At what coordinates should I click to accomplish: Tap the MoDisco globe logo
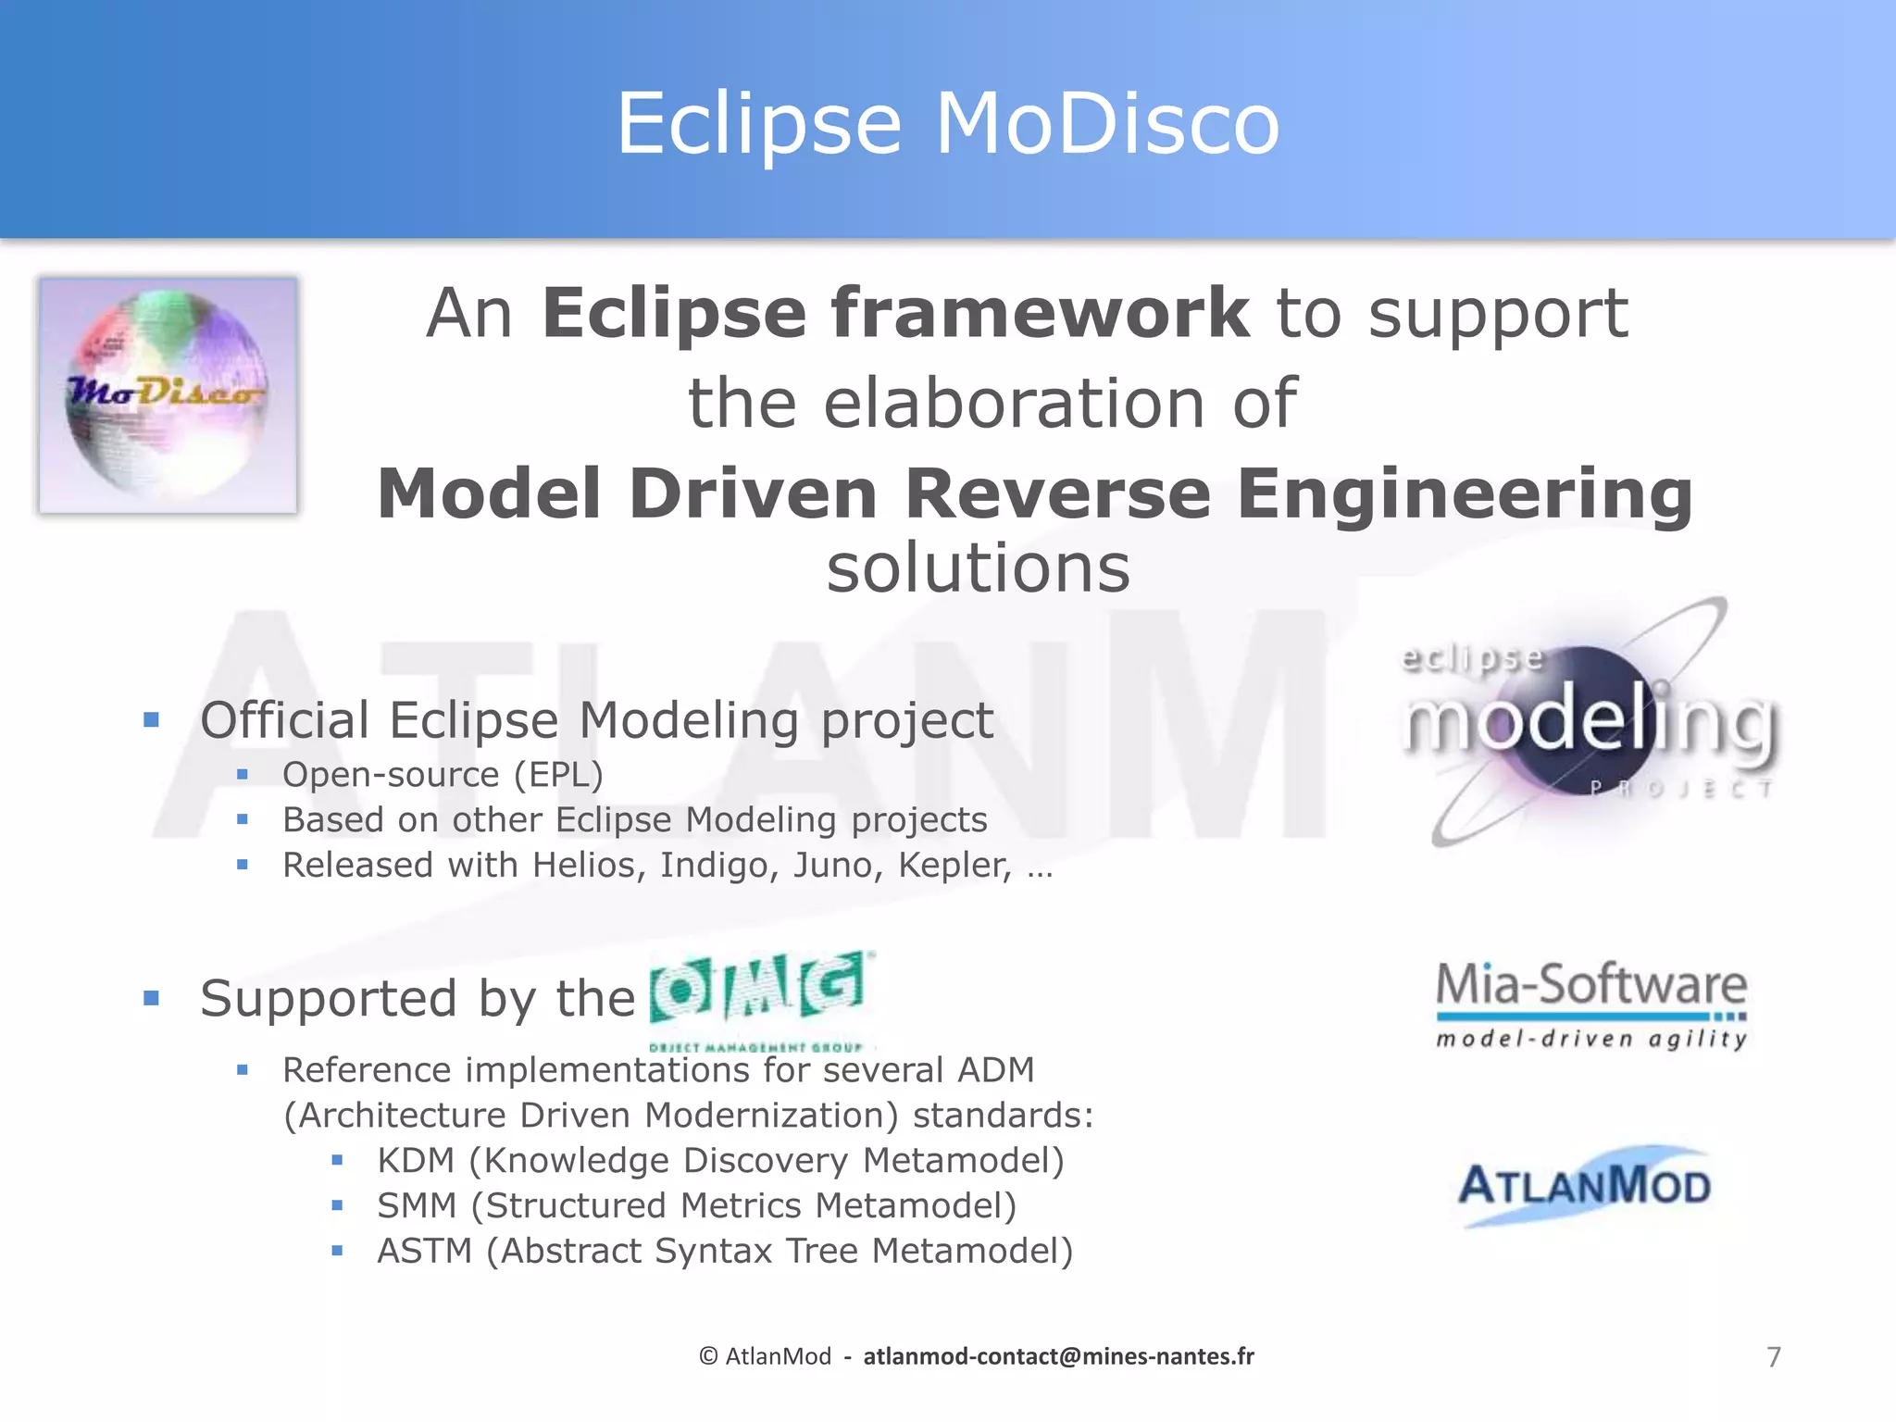[x=168, y=395]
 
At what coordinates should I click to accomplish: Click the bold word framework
[x=1039, y=313]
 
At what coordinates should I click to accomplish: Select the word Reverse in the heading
[x=1056, y=493]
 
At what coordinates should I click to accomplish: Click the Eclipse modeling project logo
[x=1587, y=722]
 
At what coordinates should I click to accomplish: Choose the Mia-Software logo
[x=1590, y=1004]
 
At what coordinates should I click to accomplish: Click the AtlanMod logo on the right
[x=1584, y=1186]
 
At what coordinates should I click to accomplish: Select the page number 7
[x=1773, y=1357]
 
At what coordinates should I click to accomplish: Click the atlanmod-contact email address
[x=1058, y=1356]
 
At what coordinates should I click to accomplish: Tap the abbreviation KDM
[x=416, y=1161]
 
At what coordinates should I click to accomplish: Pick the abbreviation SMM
[x=417, y=1206]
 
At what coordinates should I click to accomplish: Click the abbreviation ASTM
[x=424, y=1252]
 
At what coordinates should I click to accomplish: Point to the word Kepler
[x=954, y=866]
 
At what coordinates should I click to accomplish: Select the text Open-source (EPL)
[x=443, y=775]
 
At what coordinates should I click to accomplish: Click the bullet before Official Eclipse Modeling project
[x=152, y=720]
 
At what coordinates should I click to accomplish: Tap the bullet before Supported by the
[x=152, y=998]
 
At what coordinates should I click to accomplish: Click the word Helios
[x=589, y=866]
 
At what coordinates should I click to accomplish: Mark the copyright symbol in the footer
[x=708, y=1356]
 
